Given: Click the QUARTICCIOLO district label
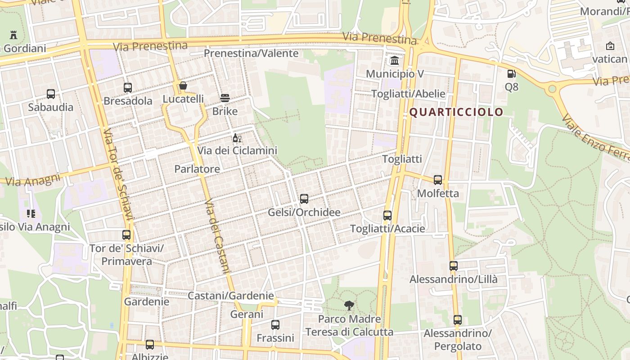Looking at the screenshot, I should [456, 112].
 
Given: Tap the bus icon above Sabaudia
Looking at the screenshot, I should [51, 94].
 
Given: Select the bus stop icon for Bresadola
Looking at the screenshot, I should [128, 88].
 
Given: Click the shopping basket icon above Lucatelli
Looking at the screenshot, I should [183, 85].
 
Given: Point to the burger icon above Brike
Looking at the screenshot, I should [225, 98].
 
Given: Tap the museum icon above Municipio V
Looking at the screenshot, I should [395, 61].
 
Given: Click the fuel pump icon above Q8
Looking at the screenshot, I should [511, 73].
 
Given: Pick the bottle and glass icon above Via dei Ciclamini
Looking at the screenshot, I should [237, 138].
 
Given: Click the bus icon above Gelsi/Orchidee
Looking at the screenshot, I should [304, 199].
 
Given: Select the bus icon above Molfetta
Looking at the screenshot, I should [438, 180].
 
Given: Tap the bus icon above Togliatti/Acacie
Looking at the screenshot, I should [387, 216].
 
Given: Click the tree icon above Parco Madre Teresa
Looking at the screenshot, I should [349, 306].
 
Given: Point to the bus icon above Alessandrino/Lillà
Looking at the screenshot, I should [454, 266].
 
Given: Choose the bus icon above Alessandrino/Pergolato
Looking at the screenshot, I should [458, 320].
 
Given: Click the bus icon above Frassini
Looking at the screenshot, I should [275, 325].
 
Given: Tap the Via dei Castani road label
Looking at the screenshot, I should [217, 236].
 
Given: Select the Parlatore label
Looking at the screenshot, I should [197, 169].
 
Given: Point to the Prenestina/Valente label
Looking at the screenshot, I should [251, 53].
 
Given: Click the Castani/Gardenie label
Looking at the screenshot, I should [230, 296].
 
